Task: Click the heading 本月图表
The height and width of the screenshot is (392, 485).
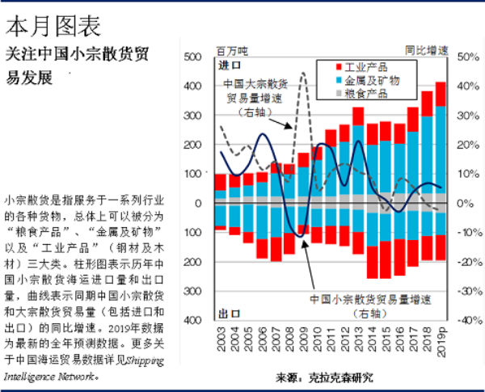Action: [53, 26]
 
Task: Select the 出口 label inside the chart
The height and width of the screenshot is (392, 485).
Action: [230, 312]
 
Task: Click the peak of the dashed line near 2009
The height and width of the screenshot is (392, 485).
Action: [303, 74]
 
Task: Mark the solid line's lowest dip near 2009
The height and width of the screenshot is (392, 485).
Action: [300, 236]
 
